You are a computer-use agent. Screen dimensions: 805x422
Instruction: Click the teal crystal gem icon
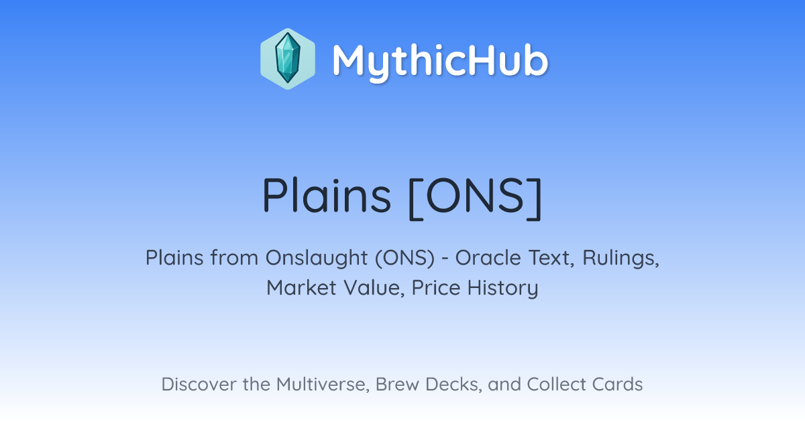click(x=288, y=58)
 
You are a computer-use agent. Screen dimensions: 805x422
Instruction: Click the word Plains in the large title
click(x=327, y=196)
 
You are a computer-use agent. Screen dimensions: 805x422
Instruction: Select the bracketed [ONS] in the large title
click(x=475, y=198)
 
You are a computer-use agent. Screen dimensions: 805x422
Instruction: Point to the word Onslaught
click(x=317, y=257)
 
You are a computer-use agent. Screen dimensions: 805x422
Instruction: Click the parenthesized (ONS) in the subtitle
click(x=405, y=258)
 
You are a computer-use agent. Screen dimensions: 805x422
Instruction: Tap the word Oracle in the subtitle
click(x=488, y=257)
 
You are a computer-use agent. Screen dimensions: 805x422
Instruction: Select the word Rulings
click(x=621, y=259)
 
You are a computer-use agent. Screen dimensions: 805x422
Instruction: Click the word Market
click(x=301, y=287)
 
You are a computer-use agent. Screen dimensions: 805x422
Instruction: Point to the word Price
click(x=436, y=287)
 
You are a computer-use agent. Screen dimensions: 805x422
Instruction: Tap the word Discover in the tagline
click(x=199, y=384)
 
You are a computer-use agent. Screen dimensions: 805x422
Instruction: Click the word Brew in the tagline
click(x=397, y=384)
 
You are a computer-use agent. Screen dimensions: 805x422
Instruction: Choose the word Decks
click(x=453, y=384)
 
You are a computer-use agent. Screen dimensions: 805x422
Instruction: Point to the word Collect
click(x=555, y=384)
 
